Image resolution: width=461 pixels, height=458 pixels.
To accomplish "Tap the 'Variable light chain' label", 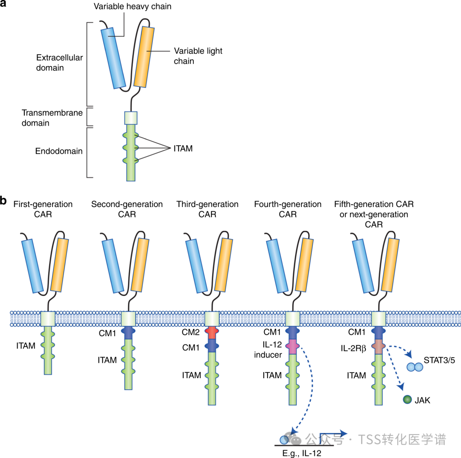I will pyautogui.click(x=198, y=56).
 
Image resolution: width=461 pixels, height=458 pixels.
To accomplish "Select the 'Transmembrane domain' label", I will pyautogui.click(x=52, y=118).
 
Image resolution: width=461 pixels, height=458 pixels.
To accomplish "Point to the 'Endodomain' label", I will pyautogui.click(x=58, y=151).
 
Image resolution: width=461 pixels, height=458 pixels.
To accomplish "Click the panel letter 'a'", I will pyautogui.click(x=5, y=6).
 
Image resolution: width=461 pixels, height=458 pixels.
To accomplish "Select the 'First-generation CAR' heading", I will pyautogui.click(x=43, y=209).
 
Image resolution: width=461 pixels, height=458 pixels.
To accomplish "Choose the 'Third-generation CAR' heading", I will pyautogui.click(x=207, y=209).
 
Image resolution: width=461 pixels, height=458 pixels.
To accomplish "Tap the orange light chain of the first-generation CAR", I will pyautogui.click(x=59, y=265).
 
